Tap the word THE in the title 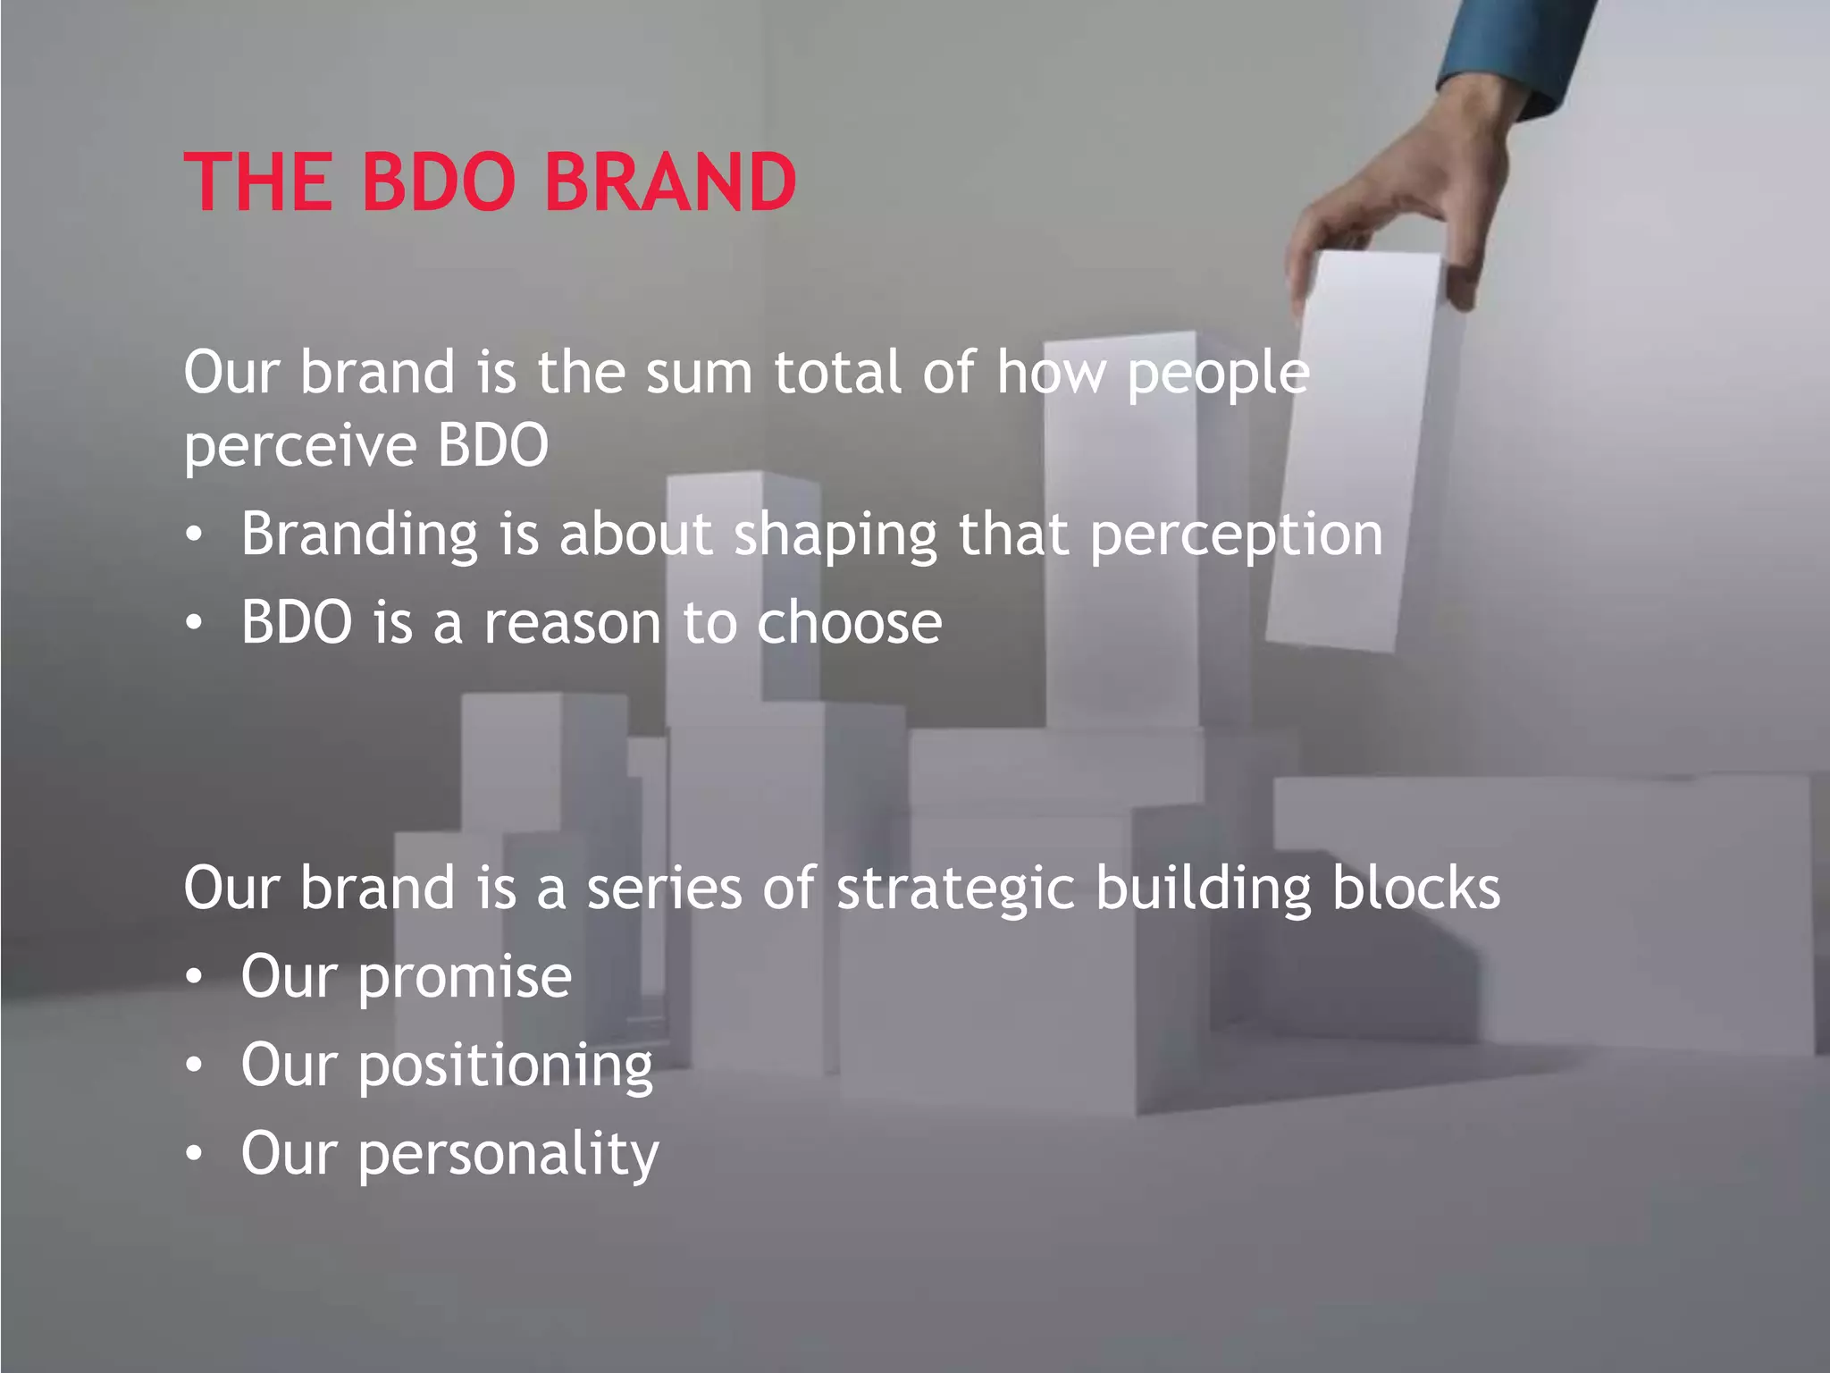[257, 182]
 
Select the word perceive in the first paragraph [300, 447]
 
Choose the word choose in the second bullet [849, 623]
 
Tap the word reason [572, 623]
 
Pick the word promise [465, 977]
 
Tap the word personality [508, 1155]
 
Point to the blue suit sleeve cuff [1510, 63]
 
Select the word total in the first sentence [837, 373]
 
